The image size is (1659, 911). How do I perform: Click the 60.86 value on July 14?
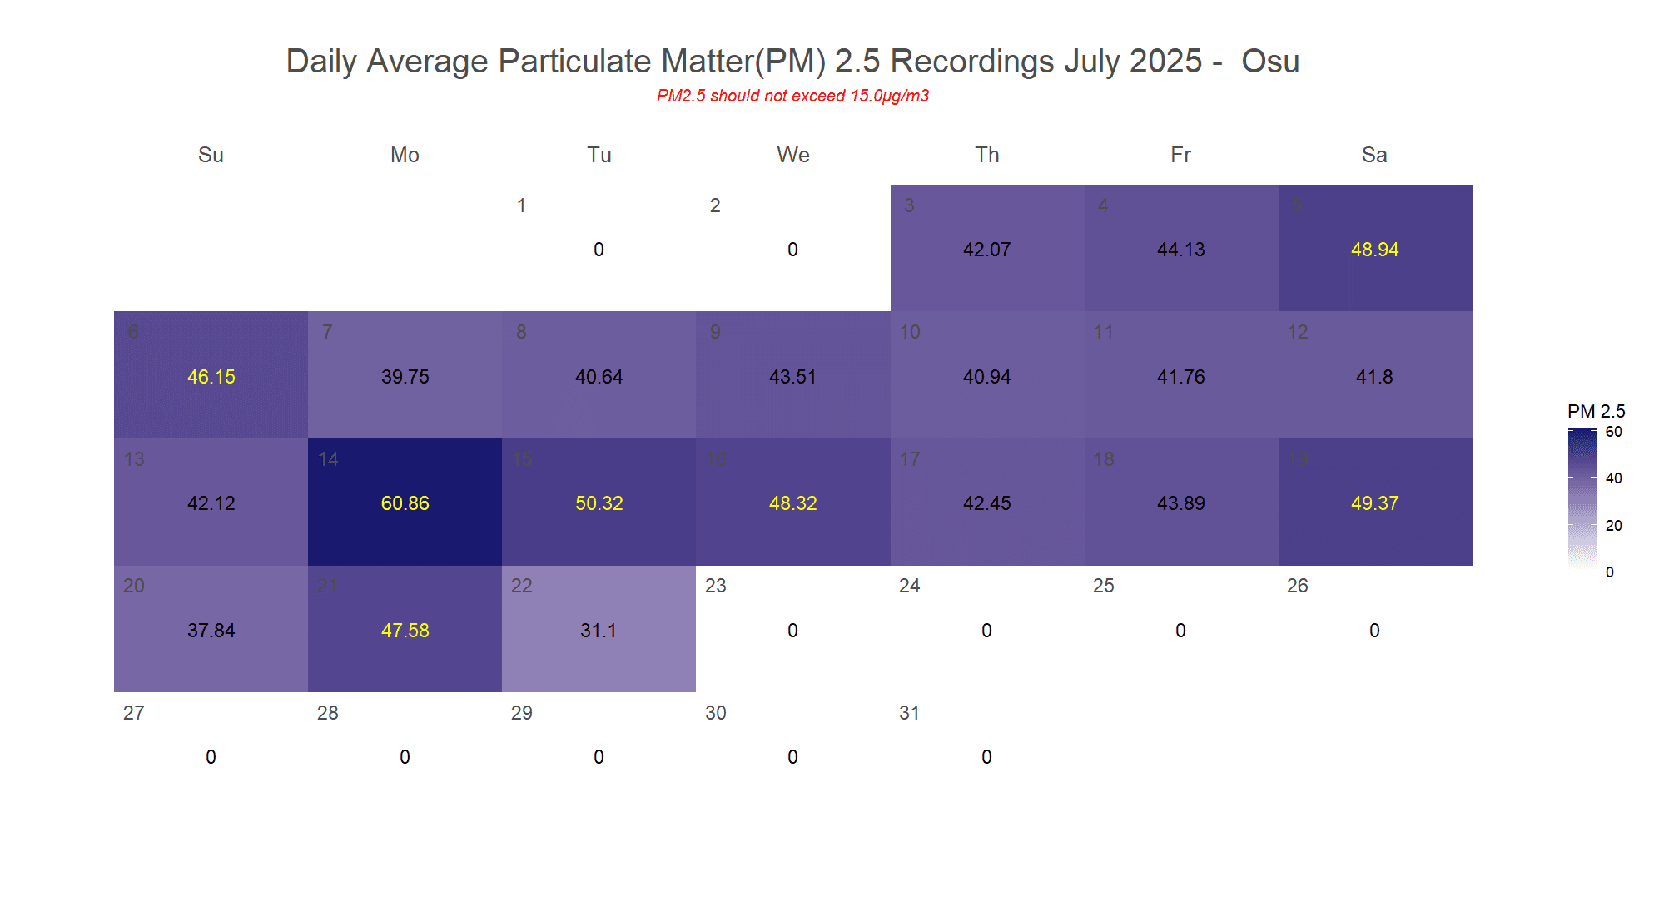pyautogui.click(x=405, y=503)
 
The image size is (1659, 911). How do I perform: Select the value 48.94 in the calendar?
pyautogui.click(x=1374, y=250)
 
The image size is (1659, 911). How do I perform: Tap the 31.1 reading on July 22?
pyautogui.click(x=599, y=631)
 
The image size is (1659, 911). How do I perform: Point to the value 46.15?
pyautogui.click(x=211, y=377)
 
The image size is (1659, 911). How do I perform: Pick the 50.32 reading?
pyautogui.click(x=599, y=503)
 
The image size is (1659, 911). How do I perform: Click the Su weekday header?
pyautogui.click(x=211, y=155)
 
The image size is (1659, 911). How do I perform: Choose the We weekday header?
pyautogui.click(x=792, y=155)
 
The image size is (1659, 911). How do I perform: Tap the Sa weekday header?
pyautogui.click(x=1374, y=155)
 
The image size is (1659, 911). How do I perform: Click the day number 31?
pyautogui.click(x=909, y=713)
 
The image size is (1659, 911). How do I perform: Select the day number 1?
pyautogui.click(x=521, y=205)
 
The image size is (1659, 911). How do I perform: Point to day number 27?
pyautogui.click(x=133, y=713)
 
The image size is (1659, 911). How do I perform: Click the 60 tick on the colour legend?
pyautogui.click(x=1613, y=432)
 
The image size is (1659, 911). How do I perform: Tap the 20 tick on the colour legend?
pyautogui.click(x=1613, y=525)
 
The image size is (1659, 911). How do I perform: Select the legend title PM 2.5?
pyautogui.click(x=1596, y=411)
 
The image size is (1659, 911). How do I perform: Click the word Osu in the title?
pyautogui.click(x=1270, y=62)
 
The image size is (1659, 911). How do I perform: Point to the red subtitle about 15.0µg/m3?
pyautogui.click(x=792, y=96)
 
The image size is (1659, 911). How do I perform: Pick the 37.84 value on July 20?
pyautogui.click(x=211, y=631)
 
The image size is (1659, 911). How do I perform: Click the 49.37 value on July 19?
pyautogui.click(x=1374, y=503)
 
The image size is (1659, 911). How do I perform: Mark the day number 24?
pyautogui.click(x=909, y=586)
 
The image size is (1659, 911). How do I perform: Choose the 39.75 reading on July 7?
pyautogui.click(x=405, y=377)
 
